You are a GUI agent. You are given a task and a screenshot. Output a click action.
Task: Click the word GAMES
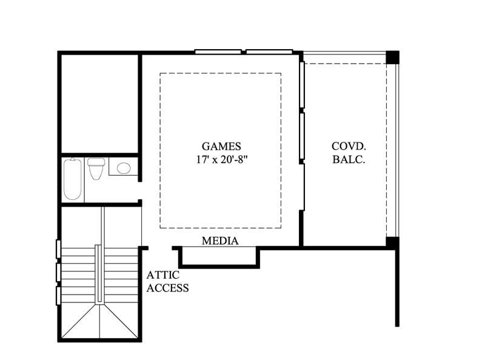(x=221, y=146)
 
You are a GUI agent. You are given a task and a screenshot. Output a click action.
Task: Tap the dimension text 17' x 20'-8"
(x=221, y=160)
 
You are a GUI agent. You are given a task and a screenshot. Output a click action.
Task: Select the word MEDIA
(x=220, y=241)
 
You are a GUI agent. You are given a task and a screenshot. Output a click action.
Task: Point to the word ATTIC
(x=162, y=275)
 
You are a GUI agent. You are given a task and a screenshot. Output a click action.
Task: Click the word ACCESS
(x=168, y=288)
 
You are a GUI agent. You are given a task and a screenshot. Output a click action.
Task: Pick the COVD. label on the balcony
(x=348, y=146)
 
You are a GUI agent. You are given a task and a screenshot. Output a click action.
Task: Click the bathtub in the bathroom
(x=73, y=179)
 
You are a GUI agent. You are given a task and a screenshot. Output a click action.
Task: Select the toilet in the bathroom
(x=96, y=168)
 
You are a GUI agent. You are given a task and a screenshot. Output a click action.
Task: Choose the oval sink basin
(x=124, y=168)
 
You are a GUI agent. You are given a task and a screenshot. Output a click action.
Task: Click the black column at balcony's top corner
(x=393, y=57)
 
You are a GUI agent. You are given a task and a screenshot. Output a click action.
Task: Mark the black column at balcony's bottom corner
(x=393, y=242)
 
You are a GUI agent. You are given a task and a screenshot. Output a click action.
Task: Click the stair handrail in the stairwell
(x=98, y=273)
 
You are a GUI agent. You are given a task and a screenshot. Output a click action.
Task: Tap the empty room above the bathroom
(x=100, y=103)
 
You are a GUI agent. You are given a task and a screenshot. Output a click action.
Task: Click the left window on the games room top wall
(x=218, y=52)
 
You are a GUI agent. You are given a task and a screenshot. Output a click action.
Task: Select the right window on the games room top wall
(x=269, y=52)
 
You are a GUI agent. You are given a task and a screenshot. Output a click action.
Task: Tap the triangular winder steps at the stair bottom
(x=100, y=321)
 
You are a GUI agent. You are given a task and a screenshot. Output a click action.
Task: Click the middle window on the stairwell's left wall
(x=58, y=272)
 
